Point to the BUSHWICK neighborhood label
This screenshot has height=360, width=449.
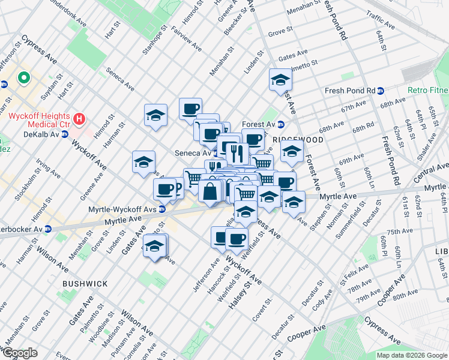coord(86,283)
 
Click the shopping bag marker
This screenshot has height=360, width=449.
coord(210,192)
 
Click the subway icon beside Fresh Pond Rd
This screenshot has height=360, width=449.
coord(381,91)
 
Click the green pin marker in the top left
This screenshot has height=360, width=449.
coord(24,77)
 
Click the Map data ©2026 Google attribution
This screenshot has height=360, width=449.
coord(412,355)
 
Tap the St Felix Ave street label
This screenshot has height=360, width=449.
coord(352,275)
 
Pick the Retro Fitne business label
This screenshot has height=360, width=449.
coord(427,91)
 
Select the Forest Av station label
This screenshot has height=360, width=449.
coord(258,124)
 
